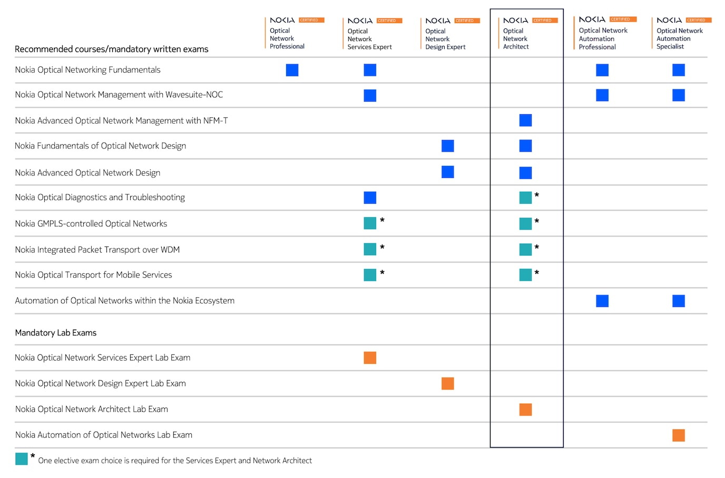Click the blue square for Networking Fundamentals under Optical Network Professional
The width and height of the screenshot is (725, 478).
(x=292, y=70)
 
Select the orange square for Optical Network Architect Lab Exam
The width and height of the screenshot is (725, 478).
(x=525, y=410)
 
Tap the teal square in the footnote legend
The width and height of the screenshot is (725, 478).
(x=22, y=459)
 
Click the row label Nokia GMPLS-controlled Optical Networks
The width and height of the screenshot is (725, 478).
(x=91, y=224)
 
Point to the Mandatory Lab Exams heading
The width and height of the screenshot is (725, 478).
(x=56, y=333)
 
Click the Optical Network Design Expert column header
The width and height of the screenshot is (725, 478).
(x=445, y=39)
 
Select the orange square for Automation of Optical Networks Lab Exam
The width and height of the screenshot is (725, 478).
(x=679, y=435)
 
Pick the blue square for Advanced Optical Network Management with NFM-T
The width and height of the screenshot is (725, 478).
(x=525, y=121)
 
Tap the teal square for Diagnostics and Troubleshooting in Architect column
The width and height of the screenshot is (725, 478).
(x=525, y=198)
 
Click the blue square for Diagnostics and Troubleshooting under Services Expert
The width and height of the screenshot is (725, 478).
(x=370, y=198)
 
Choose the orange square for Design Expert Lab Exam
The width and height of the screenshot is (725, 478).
(x=448, y=384)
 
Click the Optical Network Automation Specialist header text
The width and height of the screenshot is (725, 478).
(x=679, y=38)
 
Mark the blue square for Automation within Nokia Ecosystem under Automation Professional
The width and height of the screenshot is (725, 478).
(x=602, y=301)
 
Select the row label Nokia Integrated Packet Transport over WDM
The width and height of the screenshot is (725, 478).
(x=97, y=250)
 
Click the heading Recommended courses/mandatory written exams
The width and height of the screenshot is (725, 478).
(x=112, y=49)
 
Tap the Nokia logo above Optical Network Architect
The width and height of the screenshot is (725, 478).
(x=515, y=21)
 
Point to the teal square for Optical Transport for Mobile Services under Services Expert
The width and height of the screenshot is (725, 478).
(x=370, y=275)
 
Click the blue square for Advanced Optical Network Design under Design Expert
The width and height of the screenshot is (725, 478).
(x=448, y=172)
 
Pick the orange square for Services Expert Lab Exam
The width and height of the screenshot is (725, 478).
(x=370, y=358)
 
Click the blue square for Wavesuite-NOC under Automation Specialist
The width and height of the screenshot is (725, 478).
(x=679, y=95)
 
